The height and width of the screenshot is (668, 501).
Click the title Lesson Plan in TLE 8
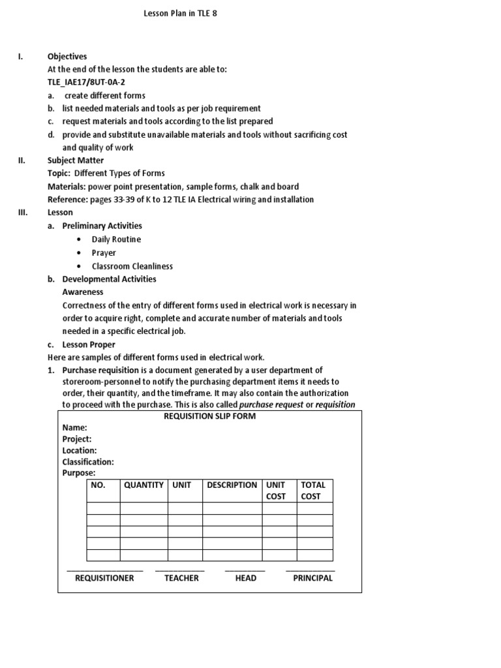[180, 12]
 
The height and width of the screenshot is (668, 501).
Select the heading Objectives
[67, 57]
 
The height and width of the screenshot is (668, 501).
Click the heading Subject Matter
[76, 160]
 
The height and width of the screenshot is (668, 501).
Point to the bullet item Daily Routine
[116, 239]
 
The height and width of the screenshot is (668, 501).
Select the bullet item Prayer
[104, 252]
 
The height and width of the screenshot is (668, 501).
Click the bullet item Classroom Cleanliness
[132, 266]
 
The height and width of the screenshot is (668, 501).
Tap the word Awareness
[83, 292]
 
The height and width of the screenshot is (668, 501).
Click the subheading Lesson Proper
[89, 344]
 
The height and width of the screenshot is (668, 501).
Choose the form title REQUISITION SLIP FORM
[209, 416]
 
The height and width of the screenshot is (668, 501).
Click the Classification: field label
[88, 462]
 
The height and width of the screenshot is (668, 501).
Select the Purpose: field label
[79, 473]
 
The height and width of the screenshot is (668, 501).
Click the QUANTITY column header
[144, 485]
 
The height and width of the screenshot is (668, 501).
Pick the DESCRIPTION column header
[232, 485]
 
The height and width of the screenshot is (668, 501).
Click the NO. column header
[99, 485]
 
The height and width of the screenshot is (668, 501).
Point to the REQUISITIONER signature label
[104, 578]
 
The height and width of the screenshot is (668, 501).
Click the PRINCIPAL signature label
[312, 578]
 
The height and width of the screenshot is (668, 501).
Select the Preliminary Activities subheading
[102, 226]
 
